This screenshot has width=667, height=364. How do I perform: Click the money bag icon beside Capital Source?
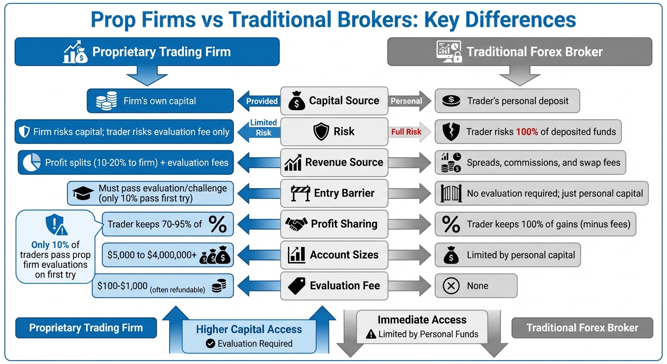point(297,101)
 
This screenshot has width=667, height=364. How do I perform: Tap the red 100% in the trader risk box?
point(527,132)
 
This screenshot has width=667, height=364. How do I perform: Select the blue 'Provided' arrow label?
point(261,101)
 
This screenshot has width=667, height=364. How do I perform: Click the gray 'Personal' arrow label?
point(406,101)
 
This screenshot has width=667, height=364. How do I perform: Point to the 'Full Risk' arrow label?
point(406,132)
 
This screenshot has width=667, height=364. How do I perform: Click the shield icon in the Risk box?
point(321,132)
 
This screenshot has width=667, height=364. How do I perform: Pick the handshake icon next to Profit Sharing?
point(296,224)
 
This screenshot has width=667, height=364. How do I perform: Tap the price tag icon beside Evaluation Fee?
point(297,286)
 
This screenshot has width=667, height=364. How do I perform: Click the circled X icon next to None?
point(451,286)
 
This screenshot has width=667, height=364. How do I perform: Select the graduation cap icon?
point(83,193)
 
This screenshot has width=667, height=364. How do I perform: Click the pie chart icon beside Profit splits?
point(32,163)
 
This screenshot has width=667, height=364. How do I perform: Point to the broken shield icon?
point(450,132)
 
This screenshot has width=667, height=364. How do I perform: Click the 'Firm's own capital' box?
point(160,101)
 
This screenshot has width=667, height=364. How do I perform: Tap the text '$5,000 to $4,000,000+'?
point(152,255)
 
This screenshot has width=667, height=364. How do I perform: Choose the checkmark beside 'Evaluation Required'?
point(210,344)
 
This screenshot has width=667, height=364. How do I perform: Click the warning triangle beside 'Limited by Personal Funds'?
point(371,334)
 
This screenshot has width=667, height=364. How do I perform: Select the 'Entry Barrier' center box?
point(334,193)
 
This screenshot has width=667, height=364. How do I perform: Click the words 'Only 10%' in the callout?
point(50,245)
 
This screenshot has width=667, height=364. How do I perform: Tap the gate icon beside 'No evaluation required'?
point(451,193)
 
